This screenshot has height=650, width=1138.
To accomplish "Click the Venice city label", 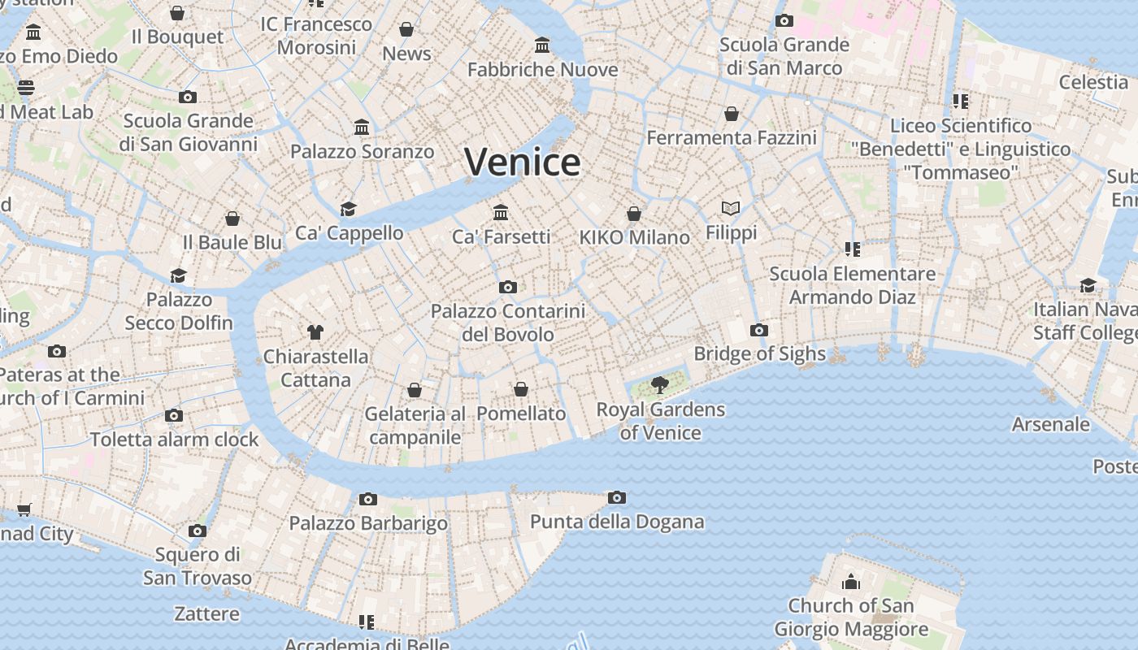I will pos(522,162).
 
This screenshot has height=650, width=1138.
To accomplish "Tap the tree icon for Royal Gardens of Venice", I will pos(660,384).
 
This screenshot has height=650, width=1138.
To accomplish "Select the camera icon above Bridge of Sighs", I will pos(759,330).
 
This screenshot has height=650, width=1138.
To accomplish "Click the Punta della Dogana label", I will pos(617,522).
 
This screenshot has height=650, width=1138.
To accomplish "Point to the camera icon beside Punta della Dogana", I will pos(617,497).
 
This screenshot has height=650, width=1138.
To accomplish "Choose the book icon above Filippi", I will pos(731,209).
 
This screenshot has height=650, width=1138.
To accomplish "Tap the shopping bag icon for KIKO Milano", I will pos(634,214).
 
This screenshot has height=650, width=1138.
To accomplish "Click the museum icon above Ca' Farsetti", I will pos(501,212).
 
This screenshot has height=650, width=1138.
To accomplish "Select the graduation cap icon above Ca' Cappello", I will pos(349,209).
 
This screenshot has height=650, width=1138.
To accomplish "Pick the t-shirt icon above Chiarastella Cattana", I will pos(315,331).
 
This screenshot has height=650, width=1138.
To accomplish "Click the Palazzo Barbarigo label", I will pos(368,523).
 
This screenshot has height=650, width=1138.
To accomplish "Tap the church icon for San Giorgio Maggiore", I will pos(851,581).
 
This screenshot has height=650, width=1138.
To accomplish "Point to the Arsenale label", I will pos(1050,424).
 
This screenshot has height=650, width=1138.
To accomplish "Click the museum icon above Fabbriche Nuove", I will pos(542,45).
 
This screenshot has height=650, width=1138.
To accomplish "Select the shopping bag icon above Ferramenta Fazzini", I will pos(732,114).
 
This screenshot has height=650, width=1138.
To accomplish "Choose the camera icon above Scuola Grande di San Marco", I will pos(784,20).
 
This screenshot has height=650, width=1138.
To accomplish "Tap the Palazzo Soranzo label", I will pos(363,151).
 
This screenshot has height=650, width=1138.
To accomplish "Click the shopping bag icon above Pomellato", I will pos(521,390).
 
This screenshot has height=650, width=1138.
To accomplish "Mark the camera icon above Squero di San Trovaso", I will pos(197,531).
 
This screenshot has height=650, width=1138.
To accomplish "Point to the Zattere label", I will pos(206,613).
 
